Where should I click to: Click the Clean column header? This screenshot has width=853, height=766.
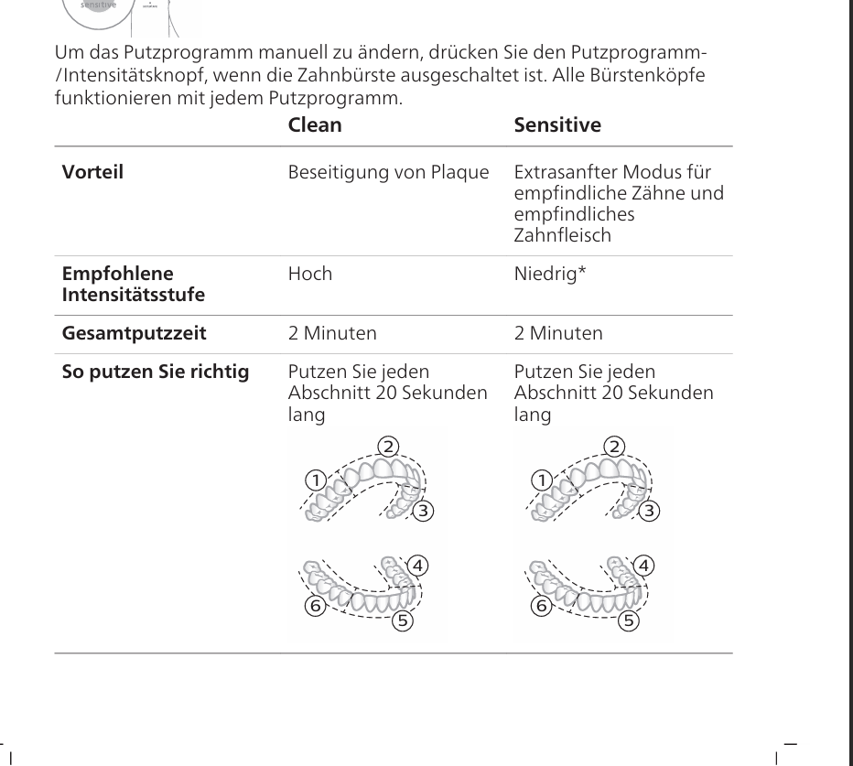click(x=315, y=125)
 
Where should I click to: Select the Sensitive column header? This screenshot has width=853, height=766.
click(x=557, y=125)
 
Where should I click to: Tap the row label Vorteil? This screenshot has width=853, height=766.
click(x=92, y=172)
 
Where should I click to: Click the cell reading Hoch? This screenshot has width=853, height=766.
click(x=310, y=274)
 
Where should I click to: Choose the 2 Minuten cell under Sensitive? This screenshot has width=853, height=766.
click(x=558, y=333)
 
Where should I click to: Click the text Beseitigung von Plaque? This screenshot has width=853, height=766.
click(x=388, y=172)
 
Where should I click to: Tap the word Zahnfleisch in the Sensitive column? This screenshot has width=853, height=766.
click(x=562, y=234)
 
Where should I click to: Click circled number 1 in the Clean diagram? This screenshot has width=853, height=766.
click(x=316, y=480)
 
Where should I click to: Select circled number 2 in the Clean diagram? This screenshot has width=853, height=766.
click(x=389, y=447)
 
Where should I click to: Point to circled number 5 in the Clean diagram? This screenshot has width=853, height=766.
click(x=402, y=621)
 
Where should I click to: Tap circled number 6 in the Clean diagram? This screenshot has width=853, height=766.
click(x=315, y=605)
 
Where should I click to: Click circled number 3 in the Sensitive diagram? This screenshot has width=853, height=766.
click(x=649, y=511)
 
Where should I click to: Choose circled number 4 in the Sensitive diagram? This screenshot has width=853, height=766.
click(x=644, y=565)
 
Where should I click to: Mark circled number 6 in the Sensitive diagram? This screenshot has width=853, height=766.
click(x=541, y=605)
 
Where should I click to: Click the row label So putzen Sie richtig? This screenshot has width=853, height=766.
click(x=155, y=372)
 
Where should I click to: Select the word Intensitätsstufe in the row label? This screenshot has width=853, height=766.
click(x=134, y=295)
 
